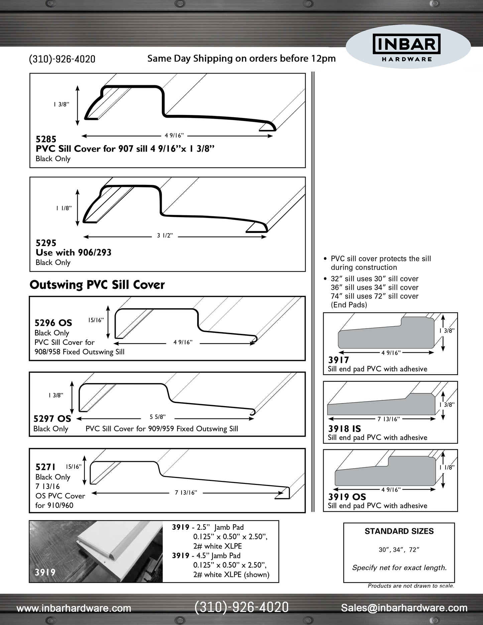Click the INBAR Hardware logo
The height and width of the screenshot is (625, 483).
point(407,48)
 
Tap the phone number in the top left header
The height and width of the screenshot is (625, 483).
point(62,59)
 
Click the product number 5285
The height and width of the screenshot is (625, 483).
point(46,139)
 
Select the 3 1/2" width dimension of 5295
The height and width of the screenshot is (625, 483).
point(165,236)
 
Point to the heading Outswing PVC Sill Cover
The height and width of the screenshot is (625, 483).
point(97,285)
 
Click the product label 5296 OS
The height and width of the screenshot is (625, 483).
point(53,323)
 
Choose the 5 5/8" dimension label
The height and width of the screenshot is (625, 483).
point(157,417)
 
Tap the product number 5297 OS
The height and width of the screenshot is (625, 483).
point(52,419)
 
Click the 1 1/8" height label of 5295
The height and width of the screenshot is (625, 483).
point(64,208)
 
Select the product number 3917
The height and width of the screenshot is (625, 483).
point(338,360)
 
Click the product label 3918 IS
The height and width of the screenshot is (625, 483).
point(344,428)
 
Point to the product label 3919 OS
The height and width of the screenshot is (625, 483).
point(347,497)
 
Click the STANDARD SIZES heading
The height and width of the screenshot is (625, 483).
point(399,531)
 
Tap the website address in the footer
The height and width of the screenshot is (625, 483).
point(74,608)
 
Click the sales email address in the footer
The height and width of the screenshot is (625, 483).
point(404,608)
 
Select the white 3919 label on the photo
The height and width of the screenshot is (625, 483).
point(45,572)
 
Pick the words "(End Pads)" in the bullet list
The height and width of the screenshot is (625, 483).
point(349,305)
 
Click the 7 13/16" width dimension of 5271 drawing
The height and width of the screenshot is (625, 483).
point(186,492)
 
